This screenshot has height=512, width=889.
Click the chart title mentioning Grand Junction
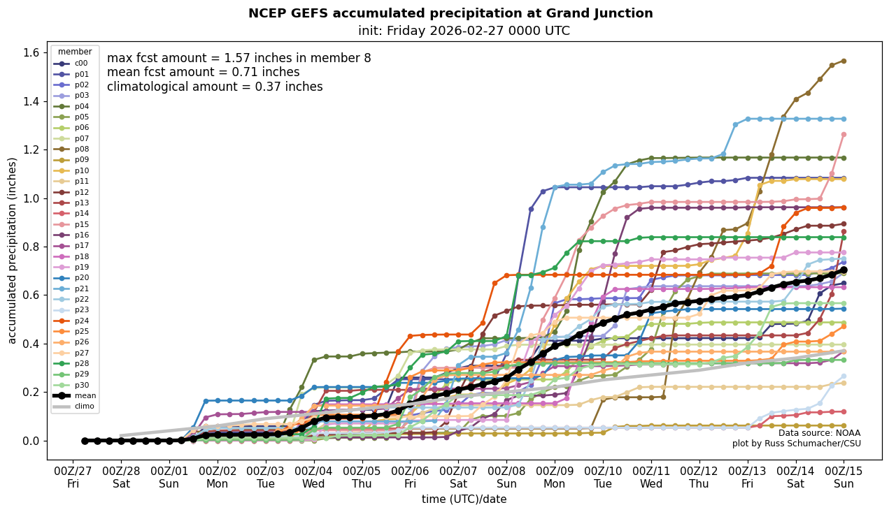(x=450, y=13)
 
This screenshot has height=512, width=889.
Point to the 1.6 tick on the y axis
(x=32, y=53)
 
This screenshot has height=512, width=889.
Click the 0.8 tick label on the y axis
(x=32, y=247)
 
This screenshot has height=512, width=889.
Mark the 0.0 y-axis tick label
(x=32, y=441)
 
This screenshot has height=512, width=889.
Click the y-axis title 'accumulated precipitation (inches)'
(x=12, y=250)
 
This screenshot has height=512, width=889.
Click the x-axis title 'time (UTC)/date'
(x=464, y=499)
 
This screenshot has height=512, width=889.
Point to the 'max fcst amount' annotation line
(x=239, y=58)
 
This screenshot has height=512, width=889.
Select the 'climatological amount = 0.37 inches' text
(x=215, y=87)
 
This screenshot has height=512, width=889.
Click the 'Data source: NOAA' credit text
(x=819, y=433)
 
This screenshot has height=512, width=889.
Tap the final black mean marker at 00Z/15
(x=844, y=270)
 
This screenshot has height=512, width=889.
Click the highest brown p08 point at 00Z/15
(x=844, y=61)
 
